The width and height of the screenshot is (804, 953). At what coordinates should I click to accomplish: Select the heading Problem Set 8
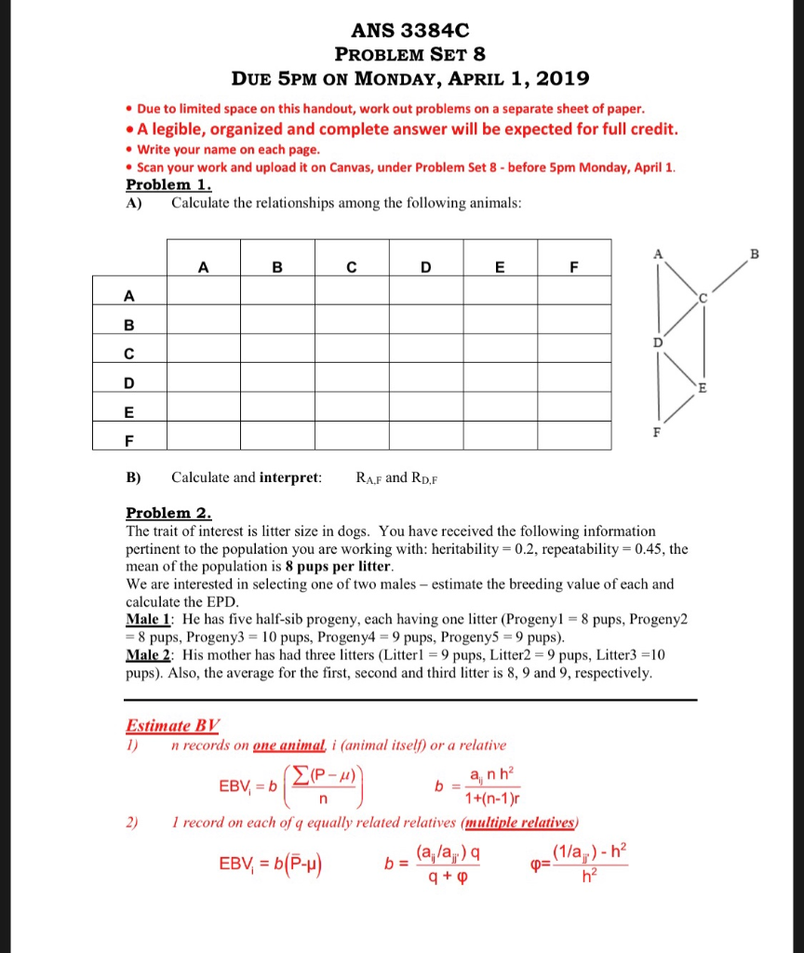coord(409,54)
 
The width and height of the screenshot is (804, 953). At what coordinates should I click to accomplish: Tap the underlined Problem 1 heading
coord(168,184)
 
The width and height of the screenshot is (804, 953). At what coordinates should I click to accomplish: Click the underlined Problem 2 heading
coord(168,513)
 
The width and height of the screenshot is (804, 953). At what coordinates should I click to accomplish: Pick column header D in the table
coord(425,267)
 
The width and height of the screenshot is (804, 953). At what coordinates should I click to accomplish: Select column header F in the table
coord(574,267)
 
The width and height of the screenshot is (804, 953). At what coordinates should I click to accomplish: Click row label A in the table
coord(129,296)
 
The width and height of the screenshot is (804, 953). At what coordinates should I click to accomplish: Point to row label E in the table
coord(129,411)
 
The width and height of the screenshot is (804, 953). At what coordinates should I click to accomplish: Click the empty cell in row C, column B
coord(277,354)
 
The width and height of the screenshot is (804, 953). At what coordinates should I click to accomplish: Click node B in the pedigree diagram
coord(754,253)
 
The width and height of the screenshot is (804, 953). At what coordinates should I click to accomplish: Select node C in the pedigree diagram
coord(703,299)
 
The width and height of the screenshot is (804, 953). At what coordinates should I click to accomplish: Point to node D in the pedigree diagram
coord(658,342)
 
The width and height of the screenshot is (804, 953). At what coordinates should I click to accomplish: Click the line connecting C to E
coord(703,344)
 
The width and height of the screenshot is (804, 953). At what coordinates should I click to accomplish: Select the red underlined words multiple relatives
coord(520,822)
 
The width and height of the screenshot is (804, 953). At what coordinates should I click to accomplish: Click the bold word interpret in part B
coord(288,477)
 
